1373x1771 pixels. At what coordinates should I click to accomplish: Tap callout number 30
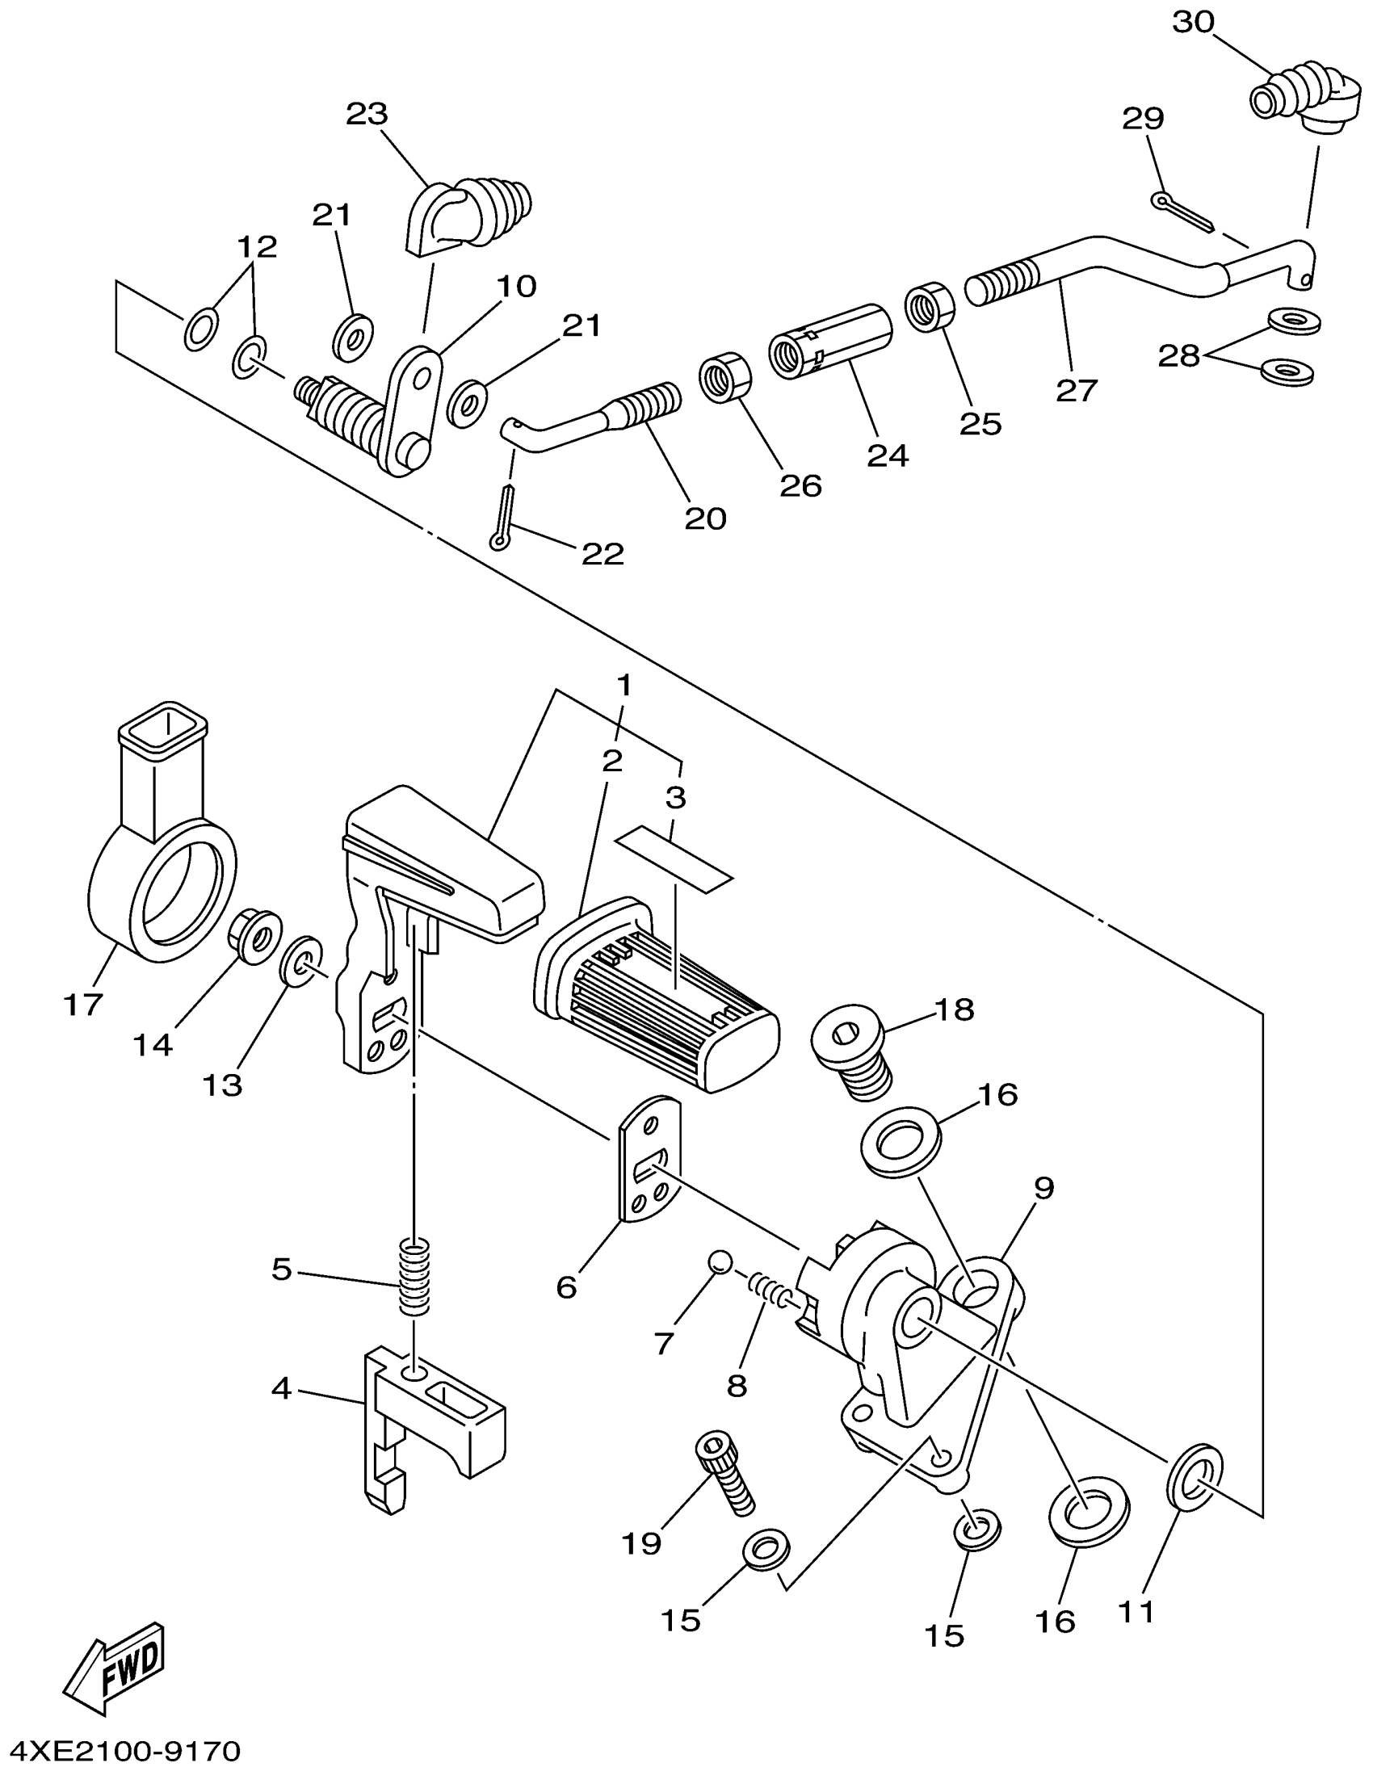tap(1195, 22)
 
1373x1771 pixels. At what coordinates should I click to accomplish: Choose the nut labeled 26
tap(726, 376)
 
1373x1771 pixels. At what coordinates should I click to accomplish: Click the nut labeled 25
tap(930, 307)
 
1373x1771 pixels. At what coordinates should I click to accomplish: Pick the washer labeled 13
tap(302, 959)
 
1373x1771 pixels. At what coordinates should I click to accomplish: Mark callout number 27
tap(1077, 390)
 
